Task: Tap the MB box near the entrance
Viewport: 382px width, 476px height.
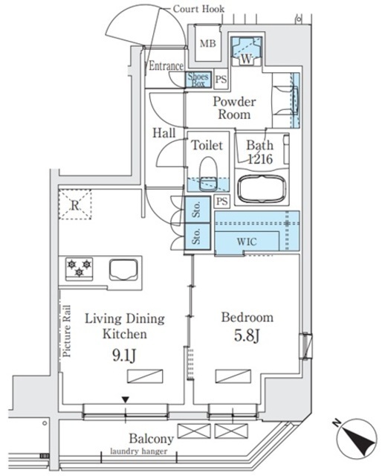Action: pyautogui.click(x=207, y=44)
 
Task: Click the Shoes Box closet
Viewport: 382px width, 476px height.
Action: pyautogui.click(x=198, y=80)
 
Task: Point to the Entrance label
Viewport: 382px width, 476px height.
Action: pyautogui.click(x=166, y=66)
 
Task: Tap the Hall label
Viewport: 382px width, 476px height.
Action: pyautogui.click(x=164, y=133)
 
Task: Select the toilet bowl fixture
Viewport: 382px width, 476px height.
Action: pyautogui.click(x=207, y=170)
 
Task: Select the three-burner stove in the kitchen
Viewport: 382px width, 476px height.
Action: pyautogui.click(x=78, y=268)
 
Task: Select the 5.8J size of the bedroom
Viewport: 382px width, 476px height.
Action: pyautogui.click(x=247, y=335)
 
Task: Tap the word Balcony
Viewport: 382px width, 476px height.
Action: pyautogui.click(x=151, y=439)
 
